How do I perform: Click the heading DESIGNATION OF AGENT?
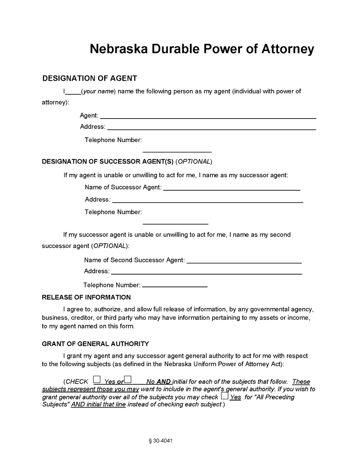(90, 78)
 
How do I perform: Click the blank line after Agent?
(208, 117)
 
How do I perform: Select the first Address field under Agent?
(211, 128)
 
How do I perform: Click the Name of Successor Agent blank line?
(231, 189)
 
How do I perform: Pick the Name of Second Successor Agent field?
(244, 262)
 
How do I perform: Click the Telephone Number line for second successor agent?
(174, 286)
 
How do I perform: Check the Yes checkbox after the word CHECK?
(97, 379)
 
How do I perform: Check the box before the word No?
(127, 379)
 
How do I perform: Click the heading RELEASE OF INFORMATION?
(86, 297)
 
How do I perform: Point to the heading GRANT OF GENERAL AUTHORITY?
(95, 344)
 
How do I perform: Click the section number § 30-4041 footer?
(164, 441)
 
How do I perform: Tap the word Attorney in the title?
(286, 49)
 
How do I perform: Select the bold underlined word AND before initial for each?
(164, 382)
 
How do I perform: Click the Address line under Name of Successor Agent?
(208, 201)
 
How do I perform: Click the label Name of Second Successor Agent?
(134, 260)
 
